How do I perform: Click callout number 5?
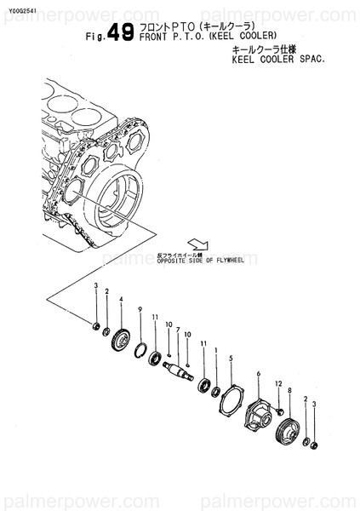tap(231, 358)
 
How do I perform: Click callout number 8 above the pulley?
tap(290, 391)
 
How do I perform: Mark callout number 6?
tap(258, 374)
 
